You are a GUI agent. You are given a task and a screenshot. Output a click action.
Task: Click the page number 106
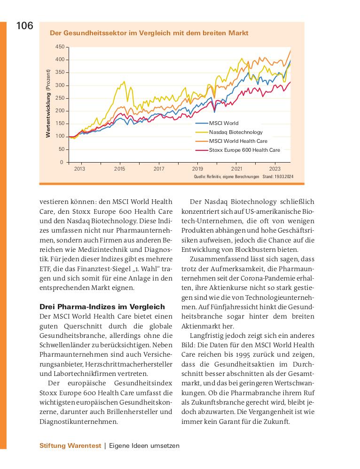(25, 26)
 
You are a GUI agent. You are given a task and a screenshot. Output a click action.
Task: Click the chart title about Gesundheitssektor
(149, 33)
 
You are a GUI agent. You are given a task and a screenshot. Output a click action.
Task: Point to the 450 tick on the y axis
(60, 47)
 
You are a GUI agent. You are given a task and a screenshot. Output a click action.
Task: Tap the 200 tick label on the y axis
(60, 111)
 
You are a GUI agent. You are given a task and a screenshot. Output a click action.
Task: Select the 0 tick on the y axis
(61, 162)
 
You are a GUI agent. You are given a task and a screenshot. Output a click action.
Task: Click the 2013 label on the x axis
(80, 169)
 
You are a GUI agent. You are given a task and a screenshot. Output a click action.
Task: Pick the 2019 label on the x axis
(197, 169)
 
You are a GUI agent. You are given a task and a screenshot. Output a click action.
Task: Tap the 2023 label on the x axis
(274, 169)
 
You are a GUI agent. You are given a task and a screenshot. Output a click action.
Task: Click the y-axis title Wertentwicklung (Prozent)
(48, 103)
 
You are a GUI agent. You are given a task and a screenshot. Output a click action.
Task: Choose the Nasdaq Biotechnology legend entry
(235, 132)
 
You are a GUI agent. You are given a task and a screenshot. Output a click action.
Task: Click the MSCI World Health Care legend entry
(238, 141)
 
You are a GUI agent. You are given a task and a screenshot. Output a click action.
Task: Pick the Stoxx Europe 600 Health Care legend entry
(244, 150)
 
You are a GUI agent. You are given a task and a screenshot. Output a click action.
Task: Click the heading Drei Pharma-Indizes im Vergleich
(102, 307)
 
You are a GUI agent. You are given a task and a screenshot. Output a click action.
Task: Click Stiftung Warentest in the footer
(70, 446)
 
